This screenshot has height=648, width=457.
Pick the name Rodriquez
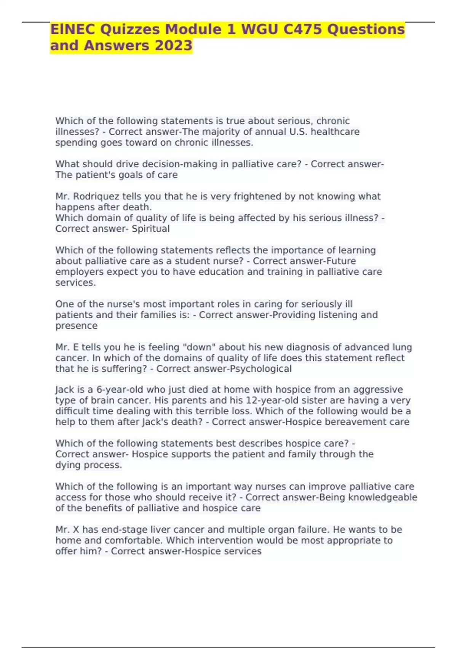click(96, 196)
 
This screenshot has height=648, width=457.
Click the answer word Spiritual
click(150, 229)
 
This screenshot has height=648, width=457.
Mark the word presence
click(76, 326)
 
